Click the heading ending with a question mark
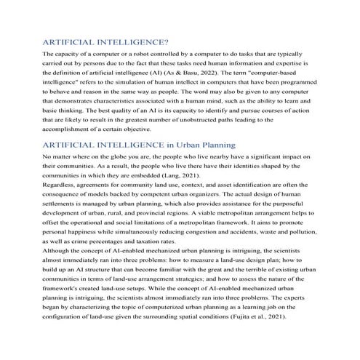pos(106,42)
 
